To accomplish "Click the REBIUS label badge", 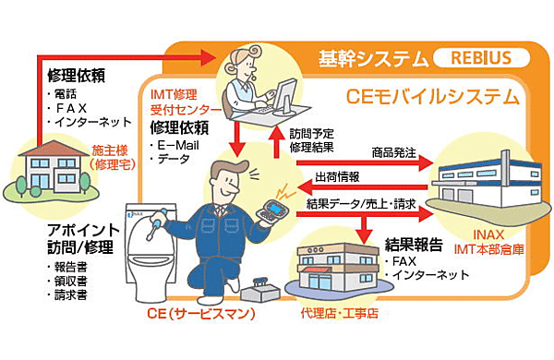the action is coord(481,58).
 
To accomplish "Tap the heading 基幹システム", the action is coord(373,59).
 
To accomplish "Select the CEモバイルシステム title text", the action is coord(432,96).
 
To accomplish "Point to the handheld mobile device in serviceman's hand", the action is coord(273,211).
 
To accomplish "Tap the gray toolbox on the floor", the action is coord(260,289).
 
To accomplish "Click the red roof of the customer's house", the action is coord(54,148).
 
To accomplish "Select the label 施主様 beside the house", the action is coord(110,150).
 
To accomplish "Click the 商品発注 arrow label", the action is coord(394,152).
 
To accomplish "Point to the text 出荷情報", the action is coord(337,176).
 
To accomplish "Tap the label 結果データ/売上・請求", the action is coord(361,204).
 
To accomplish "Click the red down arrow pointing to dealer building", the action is coord(365,229).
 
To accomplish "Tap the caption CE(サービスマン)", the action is coord(201,313).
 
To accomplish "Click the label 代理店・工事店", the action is coord(339,313).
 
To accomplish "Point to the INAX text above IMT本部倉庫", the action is coord(488,234).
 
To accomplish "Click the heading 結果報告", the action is coord(414,245).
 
